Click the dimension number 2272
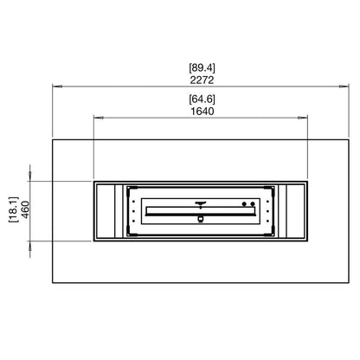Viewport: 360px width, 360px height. (202, 80)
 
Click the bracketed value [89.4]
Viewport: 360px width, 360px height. (202, 67)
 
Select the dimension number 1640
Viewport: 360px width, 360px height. (202, 111)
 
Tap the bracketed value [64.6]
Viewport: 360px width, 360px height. (202, 99)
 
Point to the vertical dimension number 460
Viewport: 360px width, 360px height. (25, 209)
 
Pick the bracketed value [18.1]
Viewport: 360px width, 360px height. (13, 209)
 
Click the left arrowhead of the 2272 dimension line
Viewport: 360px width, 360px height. (57, 86)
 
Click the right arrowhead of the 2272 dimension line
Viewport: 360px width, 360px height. (344, 86)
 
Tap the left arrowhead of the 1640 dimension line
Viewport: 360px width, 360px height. (99, 118)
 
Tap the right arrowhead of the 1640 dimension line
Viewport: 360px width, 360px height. (303, 118)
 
